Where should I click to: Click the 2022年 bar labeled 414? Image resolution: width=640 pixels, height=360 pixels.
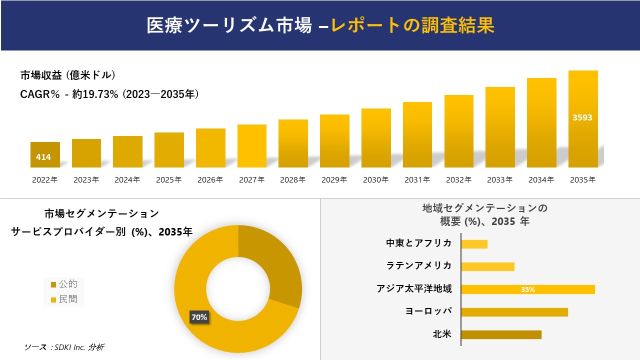[45, 155]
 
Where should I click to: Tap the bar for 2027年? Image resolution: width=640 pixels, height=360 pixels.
[252, 146]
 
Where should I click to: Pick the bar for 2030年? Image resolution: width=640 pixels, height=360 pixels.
[376, 138]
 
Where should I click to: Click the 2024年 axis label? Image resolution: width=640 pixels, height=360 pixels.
[127, 180]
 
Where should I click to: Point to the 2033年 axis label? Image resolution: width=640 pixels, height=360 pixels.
[500, 180]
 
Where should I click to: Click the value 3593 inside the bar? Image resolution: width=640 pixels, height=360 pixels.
[582, 118]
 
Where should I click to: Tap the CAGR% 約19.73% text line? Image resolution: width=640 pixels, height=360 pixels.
[109, 94]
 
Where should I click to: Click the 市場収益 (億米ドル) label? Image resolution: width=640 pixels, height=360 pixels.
[67, 75]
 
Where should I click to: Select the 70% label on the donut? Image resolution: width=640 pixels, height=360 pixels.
[199, 317]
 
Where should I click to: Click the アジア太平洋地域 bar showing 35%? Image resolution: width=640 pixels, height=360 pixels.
[527, 289]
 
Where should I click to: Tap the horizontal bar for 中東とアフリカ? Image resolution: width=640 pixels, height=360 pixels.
[474, 244]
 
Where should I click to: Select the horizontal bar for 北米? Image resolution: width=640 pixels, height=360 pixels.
[501, 334]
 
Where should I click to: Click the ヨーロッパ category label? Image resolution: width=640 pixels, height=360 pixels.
[428, 311]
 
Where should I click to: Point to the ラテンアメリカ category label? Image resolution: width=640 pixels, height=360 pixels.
[419, 265]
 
